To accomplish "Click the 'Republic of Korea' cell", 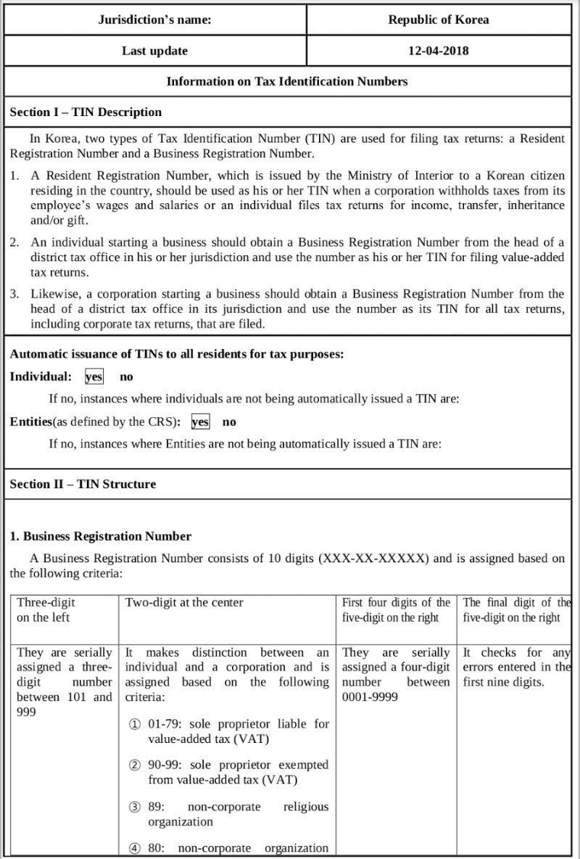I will click(x=438, y=20).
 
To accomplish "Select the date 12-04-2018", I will click(x=438, y=51).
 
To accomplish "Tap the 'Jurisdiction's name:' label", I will click(x=154, y=20).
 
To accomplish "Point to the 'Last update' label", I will click(x=154, y=51).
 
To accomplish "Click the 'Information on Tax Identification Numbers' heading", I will click(x=287, y=81).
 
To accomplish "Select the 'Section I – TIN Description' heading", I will click(x=86, y=112).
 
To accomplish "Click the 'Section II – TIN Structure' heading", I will click(x=83, y=484).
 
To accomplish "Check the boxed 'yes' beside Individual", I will click(x=94, y=377).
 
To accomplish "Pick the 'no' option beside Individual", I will click(x=126, y=377).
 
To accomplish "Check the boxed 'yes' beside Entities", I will click(x=200, y=422).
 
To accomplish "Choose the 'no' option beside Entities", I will click(x=229, y=422).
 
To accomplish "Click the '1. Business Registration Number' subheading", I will click(x=100, y=536).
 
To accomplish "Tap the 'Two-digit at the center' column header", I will click(x=184, y=602).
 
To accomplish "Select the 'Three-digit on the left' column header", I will click(x=46, y=609).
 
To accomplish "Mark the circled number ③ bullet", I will click(x=135, y=807).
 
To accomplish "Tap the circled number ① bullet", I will click(x=135, y=724).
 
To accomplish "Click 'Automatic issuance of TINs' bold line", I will click(x=176, y=354).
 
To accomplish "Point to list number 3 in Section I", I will click(x=14, y=294).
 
